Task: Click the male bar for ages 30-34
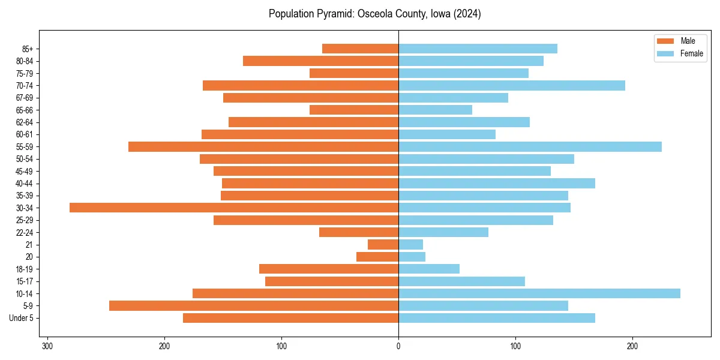[x=234, y=208]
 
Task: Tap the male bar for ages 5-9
[x=254, y=305]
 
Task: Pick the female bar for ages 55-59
[x=530, y=146]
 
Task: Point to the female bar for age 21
[x=411, y=244]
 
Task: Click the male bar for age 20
[x=377, y=257]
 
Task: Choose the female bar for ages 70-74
[x=512, y=85]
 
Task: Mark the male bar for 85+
[x=360, y=49]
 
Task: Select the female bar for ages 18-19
[x=429, y=269]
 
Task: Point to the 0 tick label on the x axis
[x=398, y=346]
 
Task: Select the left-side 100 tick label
[x=281, y=346]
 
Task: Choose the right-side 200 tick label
[x=632, y=346]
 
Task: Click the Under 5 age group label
[x=21, y=318]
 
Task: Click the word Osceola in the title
[x=376, y=14]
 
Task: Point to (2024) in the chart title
[x=468, y=14]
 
